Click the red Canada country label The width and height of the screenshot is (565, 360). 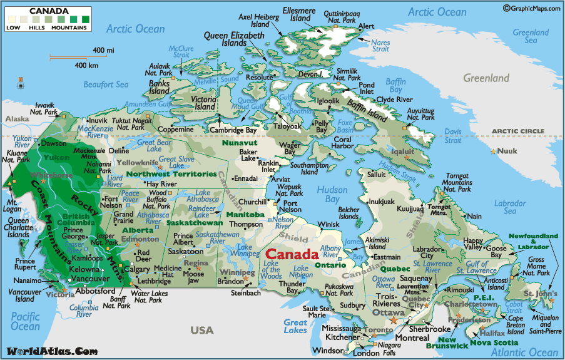click(x=292, y=255)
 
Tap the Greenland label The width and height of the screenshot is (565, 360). click(x=486, y=78)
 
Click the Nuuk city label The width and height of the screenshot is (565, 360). click(x=509, y=151)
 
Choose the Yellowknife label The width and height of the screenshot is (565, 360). click(x=136, y=163)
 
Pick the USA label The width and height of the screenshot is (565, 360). click(x=202, y=330)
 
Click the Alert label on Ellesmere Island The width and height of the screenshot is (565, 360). click(x=366, y=26)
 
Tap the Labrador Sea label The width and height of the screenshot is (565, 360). click(x=509, y=208)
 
